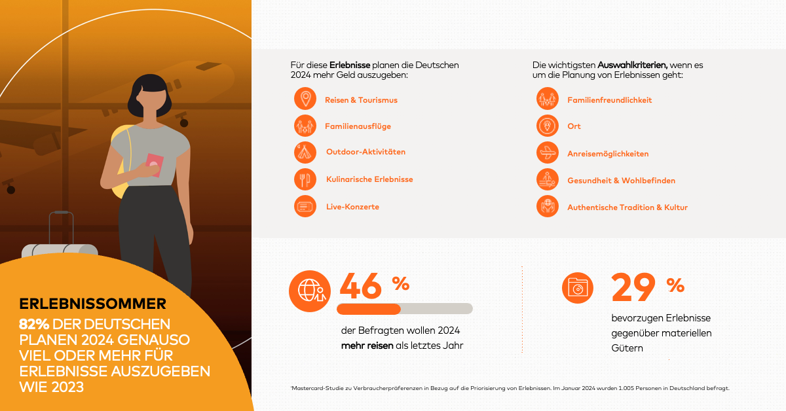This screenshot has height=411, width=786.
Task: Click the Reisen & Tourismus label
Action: pos(361,100)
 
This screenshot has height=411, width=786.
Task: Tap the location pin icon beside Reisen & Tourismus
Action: pos(305,99)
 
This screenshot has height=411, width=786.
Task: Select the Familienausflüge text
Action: pos(358,126)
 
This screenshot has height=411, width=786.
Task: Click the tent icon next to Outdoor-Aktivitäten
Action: pos(305,152)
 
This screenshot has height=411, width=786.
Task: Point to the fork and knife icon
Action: pos(305,179)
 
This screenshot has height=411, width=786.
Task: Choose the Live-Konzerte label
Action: pos(352,207)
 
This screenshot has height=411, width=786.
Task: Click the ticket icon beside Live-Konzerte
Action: pos(305,207)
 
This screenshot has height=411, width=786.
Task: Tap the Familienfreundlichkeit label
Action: pos(609,100)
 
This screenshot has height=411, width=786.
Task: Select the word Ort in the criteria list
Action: pos(574,126)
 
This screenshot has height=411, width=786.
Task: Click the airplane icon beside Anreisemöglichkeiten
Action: pos(547,154)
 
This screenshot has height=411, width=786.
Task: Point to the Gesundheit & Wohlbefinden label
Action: pos(621,181)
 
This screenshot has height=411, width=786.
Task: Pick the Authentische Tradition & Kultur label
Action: pos(627,207)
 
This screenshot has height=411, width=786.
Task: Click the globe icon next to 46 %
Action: pos(310,291)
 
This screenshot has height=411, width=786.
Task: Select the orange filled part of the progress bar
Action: pos(368,309)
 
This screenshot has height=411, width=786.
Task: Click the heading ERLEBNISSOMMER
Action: pos(92,304)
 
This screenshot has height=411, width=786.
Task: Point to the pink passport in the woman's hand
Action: pos(154,165)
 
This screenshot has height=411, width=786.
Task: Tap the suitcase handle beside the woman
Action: pos(61,226)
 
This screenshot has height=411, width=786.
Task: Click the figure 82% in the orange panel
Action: pos(35,324)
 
